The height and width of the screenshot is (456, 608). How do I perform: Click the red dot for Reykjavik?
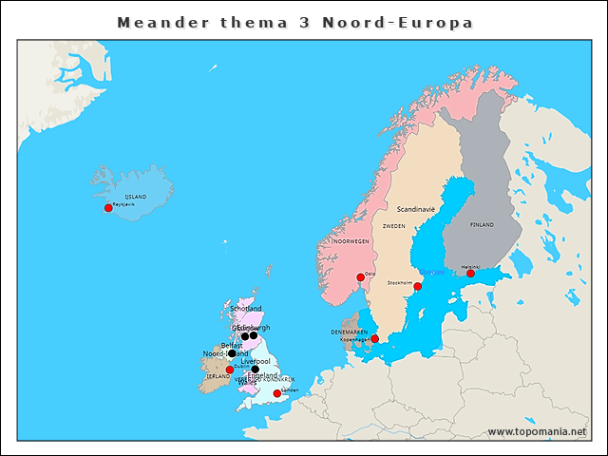point(108,208)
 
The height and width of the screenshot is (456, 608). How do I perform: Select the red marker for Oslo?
point(359,278)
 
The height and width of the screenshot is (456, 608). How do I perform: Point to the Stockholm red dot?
point(417,286)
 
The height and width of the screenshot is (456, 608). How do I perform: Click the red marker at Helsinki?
point(470,274)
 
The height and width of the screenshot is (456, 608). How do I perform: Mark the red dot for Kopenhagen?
point(374,339)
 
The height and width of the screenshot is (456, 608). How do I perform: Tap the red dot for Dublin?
point(229,370)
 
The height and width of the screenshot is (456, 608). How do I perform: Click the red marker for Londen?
point(276,393)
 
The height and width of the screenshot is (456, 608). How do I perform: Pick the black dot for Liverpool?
point(255,370)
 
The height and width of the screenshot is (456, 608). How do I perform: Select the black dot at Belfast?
point(232,353)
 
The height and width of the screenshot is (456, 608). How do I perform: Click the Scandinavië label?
point(415,208)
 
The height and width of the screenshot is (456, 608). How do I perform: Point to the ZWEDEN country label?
point(393,227)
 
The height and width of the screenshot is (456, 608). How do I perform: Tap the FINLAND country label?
point(482,225)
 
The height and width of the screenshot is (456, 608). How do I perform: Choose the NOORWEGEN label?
point(351,242)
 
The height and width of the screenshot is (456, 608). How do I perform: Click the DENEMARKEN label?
point(349,332)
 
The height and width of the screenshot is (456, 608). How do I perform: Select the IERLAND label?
point(217,376)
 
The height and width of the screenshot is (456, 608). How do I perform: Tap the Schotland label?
point(246,309)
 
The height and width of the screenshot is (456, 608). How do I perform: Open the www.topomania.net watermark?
point(537,431)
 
